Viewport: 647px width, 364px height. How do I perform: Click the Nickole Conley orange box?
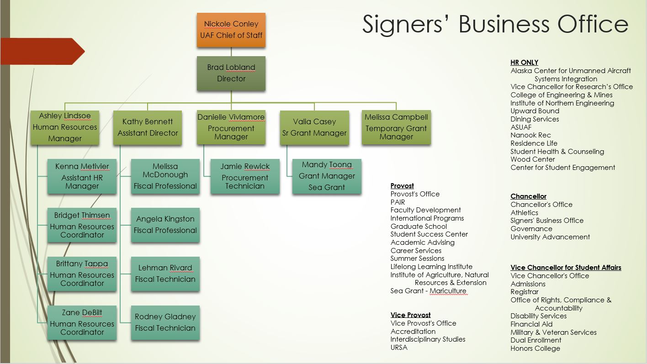[x=231, y=30]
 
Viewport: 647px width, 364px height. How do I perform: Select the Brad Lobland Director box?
[x=231, y=73]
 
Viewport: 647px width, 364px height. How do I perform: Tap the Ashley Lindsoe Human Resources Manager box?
[x=65, y=127]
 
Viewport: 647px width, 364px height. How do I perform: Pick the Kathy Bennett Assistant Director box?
[x=148, y=127]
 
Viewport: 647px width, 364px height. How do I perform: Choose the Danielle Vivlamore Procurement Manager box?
[x=231, y=127]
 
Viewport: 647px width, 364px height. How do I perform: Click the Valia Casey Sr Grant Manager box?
[x=314, y=127]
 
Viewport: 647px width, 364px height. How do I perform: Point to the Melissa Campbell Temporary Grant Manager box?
[x=396, y=127]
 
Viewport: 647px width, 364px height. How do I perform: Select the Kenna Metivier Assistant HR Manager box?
[x=82, y=176]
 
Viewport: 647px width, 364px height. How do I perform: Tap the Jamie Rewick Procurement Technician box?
[x=245, y=176]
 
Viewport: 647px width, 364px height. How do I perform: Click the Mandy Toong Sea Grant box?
[x=327, y=176]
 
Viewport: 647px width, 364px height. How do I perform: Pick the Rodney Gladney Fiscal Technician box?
[x=165, y=322]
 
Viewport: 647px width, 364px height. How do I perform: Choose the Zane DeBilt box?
[x=82, y=322]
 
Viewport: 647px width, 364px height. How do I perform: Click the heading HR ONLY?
[x=524, y=63]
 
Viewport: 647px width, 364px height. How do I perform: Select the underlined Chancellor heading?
[x=528, y=196]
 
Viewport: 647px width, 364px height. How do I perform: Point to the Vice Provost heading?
[x=410, y=315]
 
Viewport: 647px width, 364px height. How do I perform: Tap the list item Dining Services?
[x=535, y=119]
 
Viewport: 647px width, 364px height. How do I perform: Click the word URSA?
[x=399, y=348]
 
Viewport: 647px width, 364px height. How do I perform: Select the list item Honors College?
[x=535, y=348]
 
